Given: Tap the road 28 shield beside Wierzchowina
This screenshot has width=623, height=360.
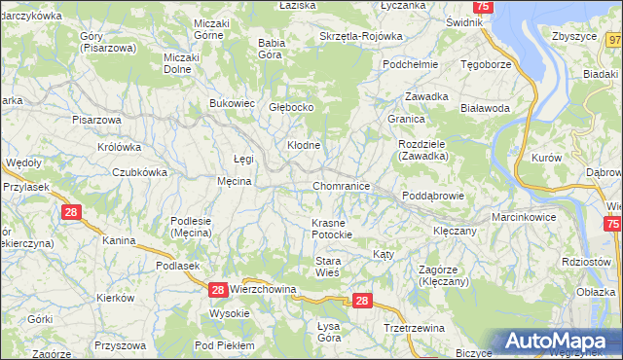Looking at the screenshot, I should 218,289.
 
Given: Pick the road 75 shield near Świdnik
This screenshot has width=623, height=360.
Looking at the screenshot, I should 486,7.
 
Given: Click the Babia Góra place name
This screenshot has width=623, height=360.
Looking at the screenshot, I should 270,49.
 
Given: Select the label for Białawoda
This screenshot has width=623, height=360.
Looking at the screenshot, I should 486,109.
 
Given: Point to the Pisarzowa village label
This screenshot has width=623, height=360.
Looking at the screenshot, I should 96,120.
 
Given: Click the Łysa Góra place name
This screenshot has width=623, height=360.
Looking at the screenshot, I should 329,332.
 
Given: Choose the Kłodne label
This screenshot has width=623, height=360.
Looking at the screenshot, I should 303,145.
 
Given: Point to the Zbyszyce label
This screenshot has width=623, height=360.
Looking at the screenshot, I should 573,36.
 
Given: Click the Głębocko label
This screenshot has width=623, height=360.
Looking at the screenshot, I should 291,108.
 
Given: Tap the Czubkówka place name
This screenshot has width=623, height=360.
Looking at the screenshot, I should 139,171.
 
